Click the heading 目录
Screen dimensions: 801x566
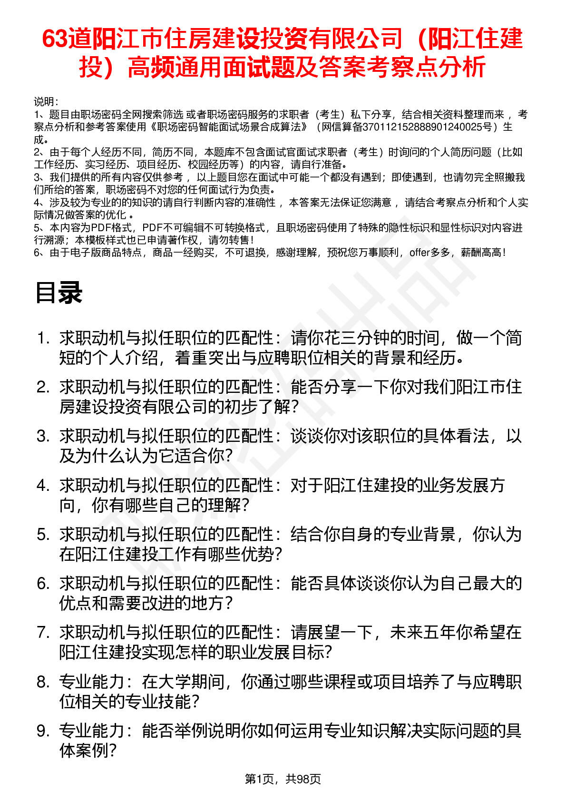(x=59, y=293)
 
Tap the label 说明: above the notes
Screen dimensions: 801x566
(x=46, y=102)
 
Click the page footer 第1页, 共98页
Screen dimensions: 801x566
(x=283, y=779)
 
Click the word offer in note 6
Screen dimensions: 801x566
(x=420, y=253)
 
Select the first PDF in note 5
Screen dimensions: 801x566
(x=101, y=228)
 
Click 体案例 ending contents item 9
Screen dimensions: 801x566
(x=83, y=751)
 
